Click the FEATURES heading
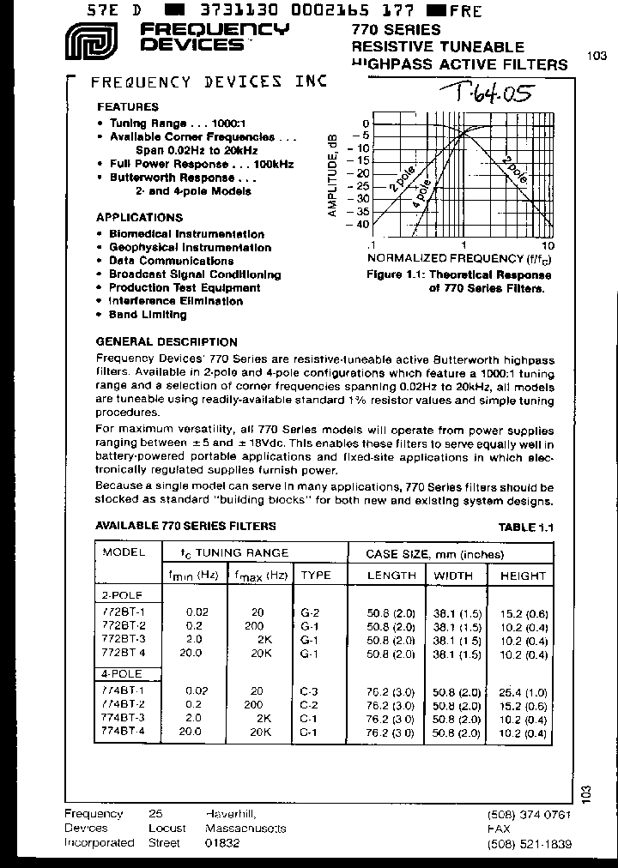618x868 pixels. click(x=127, y=107)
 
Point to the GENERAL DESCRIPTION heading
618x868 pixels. click(x=167, y=341)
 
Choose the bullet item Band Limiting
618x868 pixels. click(x=147, y=315)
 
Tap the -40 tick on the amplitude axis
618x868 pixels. click(x=356, y=225)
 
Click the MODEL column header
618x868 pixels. click(x=124, y=553)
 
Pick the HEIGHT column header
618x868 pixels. click(x=522, y=576)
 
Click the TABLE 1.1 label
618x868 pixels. click(x=525, y=527)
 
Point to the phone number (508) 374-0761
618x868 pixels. click(x=528, y=815)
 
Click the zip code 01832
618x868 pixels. click(x=222, y=843)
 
